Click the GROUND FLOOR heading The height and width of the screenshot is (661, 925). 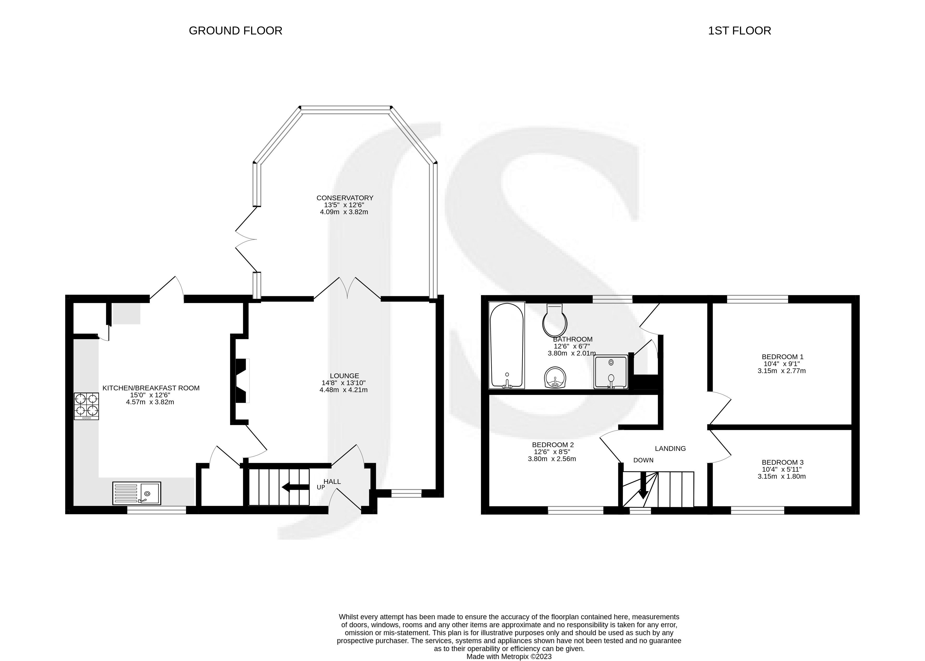[x=235, y=31]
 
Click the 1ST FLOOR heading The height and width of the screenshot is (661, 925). [x=740, y=31]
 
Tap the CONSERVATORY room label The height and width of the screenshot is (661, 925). [x=345, y=198]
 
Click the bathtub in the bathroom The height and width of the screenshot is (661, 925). [x=507, y=345]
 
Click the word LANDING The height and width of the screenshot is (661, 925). [x=670, y=449]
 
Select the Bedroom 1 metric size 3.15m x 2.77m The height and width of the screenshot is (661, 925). [x=781, y=371]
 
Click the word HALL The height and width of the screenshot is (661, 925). [x=332, y=481]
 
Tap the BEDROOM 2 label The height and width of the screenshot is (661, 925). [x=553, y=445]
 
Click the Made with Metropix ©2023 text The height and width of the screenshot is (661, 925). [x=509, y=656]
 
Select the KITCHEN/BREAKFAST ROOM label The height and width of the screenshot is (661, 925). [x=151, y=388]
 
